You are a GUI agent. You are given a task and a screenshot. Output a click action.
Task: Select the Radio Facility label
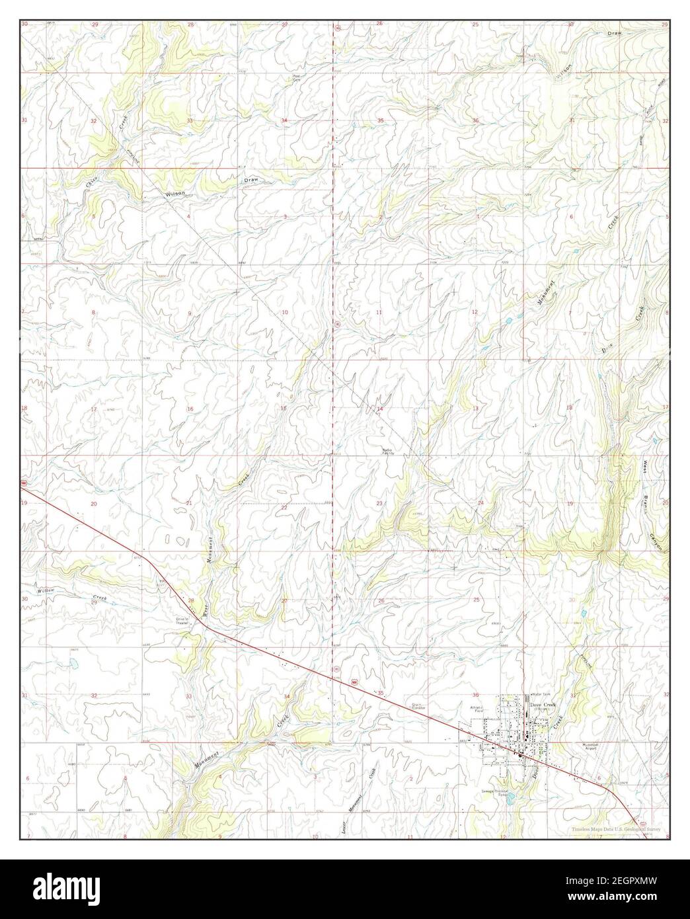click(388, 452)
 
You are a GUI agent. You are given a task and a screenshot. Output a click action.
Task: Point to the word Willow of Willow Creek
click(45, 590)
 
